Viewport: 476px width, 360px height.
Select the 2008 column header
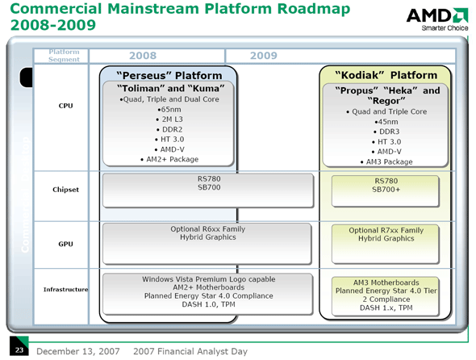pos(142,56)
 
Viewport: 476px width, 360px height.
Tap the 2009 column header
pos(264,56)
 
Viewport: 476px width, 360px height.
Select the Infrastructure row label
pos(65,288)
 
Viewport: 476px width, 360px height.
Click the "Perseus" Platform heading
pos(169,75)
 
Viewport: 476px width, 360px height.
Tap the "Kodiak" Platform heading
pos(386,75)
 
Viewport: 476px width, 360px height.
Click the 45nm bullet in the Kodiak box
pos(386,121)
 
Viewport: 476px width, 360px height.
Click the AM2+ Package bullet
pos(169,158)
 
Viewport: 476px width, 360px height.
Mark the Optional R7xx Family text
pos(386,231)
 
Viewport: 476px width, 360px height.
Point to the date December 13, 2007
pos(75,351)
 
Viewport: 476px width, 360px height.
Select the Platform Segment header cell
pos(65,56)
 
